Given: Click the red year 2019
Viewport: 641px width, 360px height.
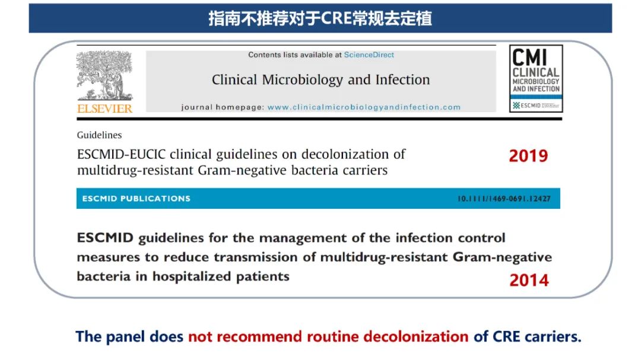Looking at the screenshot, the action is coord(528,156).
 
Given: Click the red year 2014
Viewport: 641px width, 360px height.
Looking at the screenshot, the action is coord(529,281).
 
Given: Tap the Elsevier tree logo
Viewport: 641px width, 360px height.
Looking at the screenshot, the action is coord(104,75).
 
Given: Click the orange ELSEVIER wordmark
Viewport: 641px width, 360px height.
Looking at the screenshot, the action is coord(104,109).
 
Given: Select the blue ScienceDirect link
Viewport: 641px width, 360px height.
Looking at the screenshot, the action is coord(369,55).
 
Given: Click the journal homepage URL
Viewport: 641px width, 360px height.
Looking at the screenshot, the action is coord(364,107).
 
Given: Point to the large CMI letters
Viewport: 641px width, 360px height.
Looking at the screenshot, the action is coord(530,57).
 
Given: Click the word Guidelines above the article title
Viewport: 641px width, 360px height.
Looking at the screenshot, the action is coord(99,135).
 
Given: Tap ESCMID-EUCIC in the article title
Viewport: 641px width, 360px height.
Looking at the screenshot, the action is coord(122,154).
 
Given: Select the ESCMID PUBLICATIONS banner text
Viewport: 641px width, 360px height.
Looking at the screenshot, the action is coord(136,199).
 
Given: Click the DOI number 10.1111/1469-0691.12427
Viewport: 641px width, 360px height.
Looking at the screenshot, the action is coord(504,199).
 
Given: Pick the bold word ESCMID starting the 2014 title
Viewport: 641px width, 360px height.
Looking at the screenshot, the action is coord(105,238).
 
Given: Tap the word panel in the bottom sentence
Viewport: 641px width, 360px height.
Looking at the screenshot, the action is coord(125,337).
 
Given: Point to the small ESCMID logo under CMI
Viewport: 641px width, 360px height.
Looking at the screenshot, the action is coord(536,106).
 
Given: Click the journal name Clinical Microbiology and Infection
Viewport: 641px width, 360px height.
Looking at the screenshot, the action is coord(321,79).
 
